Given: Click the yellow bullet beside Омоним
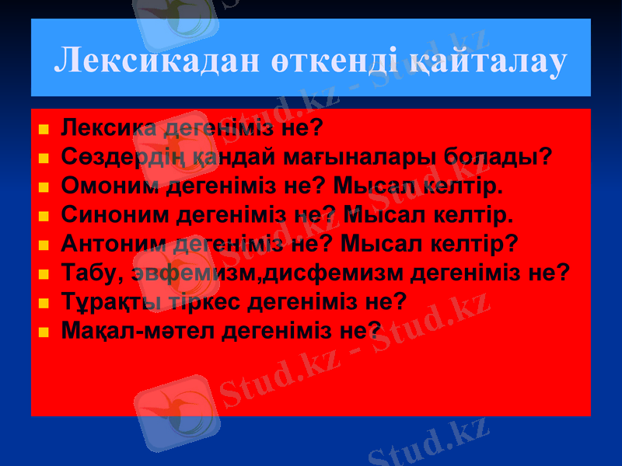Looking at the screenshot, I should (44, 189).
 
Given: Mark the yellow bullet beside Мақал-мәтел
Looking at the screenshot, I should (44, 332).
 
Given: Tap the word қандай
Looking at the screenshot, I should (225, 158).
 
